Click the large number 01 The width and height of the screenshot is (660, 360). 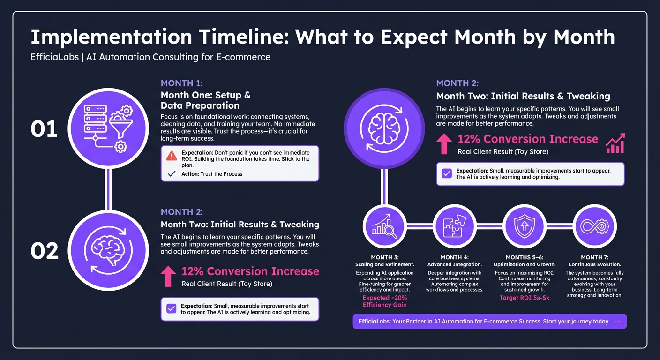tap(44, 129)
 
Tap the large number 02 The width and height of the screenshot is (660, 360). tap(44, 251)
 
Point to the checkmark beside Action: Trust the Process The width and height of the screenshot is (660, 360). tap(172, 174)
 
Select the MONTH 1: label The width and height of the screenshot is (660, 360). tap(182, 83)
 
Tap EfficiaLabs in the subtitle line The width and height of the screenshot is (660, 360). tap(54, 57)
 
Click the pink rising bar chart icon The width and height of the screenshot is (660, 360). tap(615, 143)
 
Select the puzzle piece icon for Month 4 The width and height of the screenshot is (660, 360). tap(454, 226)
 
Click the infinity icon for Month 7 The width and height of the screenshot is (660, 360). tap(594, 226)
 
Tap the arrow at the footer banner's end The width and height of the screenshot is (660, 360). tap(617, 322)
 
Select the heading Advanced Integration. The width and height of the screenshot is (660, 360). tap(454, 265)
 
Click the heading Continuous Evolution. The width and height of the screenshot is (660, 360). tap(594, 265)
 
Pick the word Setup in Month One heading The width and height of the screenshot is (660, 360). tap(228, 95)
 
